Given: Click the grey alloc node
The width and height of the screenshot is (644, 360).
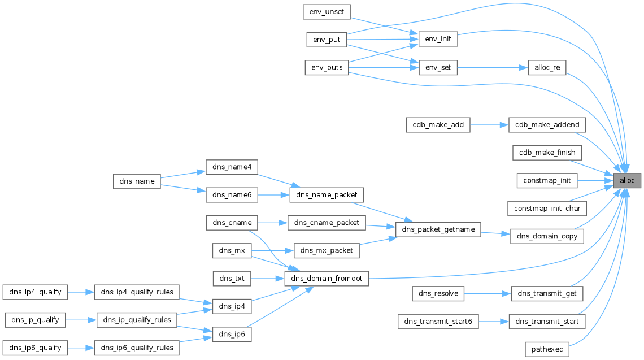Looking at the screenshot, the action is tap(626, 180).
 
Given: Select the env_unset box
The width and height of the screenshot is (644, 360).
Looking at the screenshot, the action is tap(327, 12).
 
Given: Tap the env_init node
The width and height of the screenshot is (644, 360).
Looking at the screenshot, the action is tap(438, 39).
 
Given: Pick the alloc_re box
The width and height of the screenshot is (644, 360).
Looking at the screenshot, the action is tap(547, 67).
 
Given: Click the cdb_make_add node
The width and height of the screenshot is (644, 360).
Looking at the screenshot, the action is tap(438, 124).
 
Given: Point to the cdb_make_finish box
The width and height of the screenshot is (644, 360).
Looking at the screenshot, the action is tap(547, 153).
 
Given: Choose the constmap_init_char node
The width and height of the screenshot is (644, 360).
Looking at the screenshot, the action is tap(547, 209).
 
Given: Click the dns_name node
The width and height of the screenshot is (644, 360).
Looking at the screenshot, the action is tap(137, 181).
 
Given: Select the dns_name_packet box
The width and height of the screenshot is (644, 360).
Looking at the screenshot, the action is tap(327, 195).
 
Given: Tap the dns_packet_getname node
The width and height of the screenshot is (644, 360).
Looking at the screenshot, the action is tap(438, 229).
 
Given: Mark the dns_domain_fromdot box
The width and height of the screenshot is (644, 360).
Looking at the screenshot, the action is tap(327, 278).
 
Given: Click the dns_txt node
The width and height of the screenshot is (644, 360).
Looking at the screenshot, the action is tap(232, 278).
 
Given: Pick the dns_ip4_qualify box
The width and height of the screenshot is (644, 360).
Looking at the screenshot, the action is tap(36, 292).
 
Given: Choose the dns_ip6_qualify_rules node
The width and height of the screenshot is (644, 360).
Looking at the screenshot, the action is tap(137, 348).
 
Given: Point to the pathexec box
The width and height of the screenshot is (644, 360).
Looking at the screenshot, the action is tap(547, 349).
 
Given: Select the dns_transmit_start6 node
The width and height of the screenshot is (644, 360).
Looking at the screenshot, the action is tap(438, 322).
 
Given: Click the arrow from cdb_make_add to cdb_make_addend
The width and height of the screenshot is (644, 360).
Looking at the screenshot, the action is tap(490, 124).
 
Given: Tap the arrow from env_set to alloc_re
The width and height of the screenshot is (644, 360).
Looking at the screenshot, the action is tap(493, 67).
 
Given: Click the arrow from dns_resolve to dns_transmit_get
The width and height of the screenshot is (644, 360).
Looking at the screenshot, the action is tap(488, 293).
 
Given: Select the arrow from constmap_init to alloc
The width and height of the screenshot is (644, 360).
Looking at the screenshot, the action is tap(595, 180).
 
